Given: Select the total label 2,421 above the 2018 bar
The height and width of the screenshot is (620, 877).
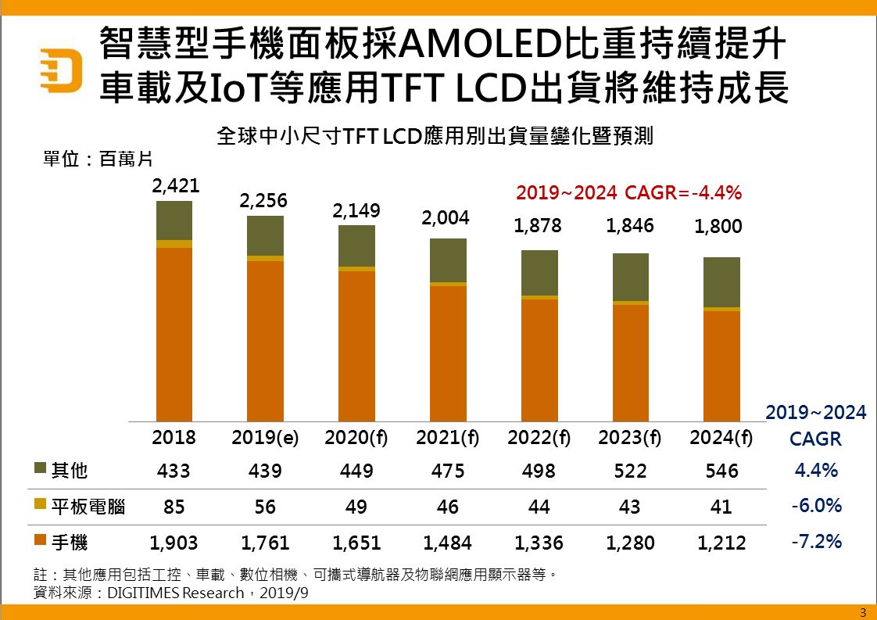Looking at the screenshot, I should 176,186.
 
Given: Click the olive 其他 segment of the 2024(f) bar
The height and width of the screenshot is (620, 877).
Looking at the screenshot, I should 721,282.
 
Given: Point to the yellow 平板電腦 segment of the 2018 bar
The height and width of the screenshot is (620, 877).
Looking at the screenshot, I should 174,244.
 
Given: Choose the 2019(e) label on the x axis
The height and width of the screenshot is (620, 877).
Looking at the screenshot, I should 265,438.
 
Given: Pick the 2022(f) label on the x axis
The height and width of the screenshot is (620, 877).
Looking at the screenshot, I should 539,438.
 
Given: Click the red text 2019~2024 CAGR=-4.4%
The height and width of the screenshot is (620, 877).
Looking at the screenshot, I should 628,192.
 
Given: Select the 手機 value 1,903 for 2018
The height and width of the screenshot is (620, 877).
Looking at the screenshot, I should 174,542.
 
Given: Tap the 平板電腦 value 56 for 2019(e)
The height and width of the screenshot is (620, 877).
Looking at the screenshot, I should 265,507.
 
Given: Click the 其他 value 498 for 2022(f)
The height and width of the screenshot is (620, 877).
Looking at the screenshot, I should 539,471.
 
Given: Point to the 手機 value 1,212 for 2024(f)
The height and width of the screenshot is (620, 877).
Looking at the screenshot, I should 721,542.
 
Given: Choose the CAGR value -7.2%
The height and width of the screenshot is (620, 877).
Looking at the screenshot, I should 816,540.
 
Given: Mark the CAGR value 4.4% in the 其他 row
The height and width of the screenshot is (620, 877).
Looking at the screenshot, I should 816,471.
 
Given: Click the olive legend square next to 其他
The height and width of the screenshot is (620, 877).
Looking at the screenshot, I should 41,469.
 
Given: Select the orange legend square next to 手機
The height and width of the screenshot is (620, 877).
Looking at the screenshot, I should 41,539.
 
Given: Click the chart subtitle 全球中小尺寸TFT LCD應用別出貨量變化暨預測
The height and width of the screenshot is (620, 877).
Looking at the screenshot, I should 435,136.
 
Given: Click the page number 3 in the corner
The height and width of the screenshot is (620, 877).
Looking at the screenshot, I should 863,611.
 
